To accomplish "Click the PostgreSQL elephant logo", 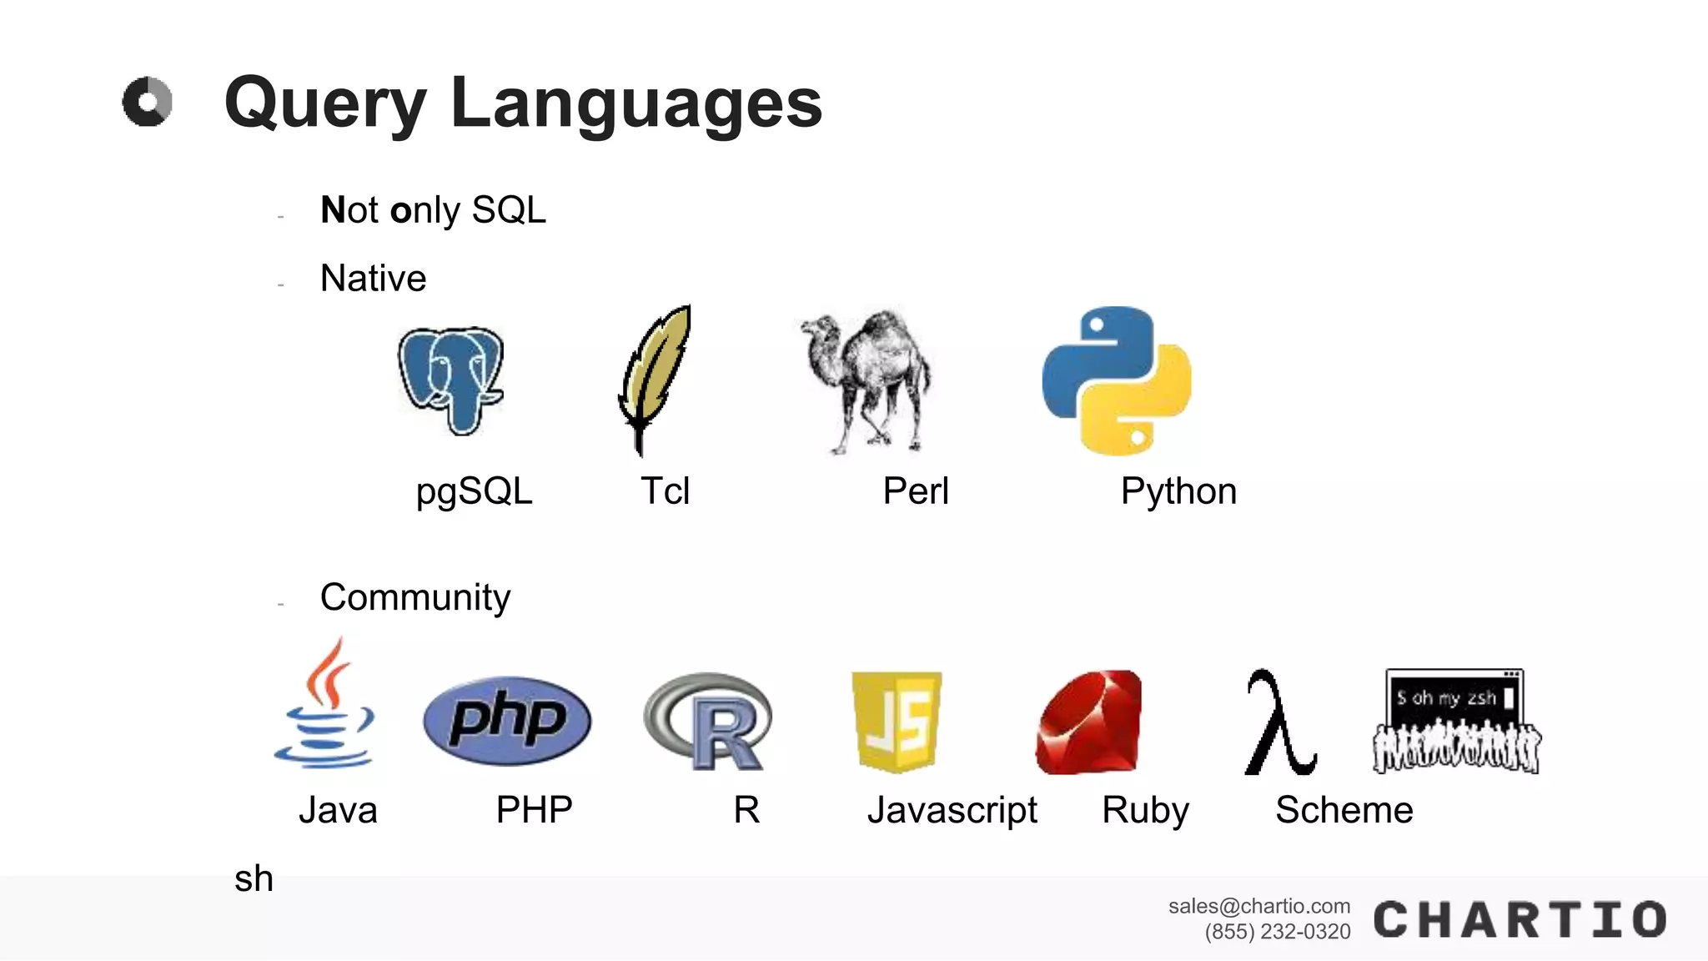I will pyautogui.click(x=450, y=380).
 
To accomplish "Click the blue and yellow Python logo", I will pyautogui.click(x=1117, y=380).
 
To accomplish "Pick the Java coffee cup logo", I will pyautogui.click(x=325, y=705).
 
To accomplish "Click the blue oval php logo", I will pyautogui.click(x=507, y=720).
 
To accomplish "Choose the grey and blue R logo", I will pyautogui.click(x=709, y=722).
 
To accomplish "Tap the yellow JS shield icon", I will pyautogui.click(x=897, y=722).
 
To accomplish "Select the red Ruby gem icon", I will pyautogui.click(x=1089, y=722).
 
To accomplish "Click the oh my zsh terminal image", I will pyautogui.click(x=1456, y=721).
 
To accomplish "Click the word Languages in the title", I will pyautogui.click(x=636, y=103).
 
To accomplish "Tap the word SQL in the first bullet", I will pyautogui.click(x=509, y=210).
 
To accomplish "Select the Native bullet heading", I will pyautogui.click(x=373, y=279).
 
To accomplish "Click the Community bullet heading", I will pyautogui.click(x=414, y=597).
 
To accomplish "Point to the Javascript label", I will pyautogui.click(x=952, y=810).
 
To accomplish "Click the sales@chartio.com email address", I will pyautogui.click(x=1258, y=906).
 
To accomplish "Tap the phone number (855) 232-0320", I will pyautogui.click(x=1277, y=932).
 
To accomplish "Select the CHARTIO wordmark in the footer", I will pyautogui.click(x=1520, y=920).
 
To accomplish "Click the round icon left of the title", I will pyautogui.click(x=148, y=102).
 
